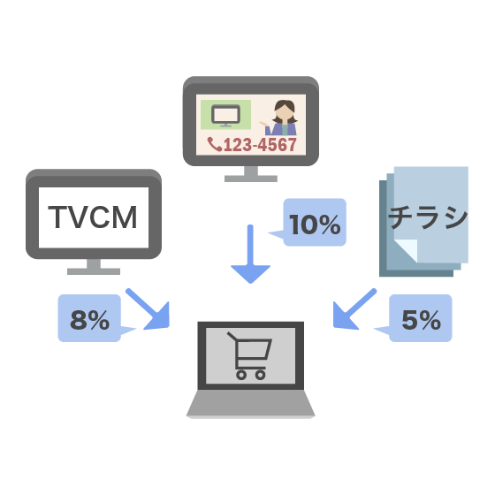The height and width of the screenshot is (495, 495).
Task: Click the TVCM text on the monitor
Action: [93, 217]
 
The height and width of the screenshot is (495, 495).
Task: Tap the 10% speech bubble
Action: [315, 222]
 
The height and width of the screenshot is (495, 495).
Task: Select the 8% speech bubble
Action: [89, 318]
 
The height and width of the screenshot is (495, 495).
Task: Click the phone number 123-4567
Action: [260, 145]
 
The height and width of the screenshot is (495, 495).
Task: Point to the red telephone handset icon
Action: [215, 144]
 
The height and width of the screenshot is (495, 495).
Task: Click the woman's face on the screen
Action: [284, 112]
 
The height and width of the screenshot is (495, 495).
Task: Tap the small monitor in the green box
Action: [225, 115]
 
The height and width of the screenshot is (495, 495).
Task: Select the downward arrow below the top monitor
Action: [251, 255]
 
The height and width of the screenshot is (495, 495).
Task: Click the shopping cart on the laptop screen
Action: [249, 355]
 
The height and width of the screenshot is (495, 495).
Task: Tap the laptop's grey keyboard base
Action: [251, 403]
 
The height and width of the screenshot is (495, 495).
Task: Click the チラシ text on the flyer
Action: [428, 217]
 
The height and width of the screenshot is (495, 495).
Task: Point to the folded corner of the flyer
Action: [407, 250]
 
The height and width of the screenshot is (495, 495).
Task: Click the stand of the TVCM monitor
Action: [94, 267]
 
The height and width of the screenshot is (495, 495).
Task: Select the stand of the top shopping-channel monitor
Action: [251, 174]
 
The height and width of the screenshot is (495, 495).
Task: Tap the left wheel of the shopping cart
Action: [241, 375]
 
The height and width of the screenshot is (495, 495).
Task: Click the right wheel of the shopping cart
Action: [261, 375]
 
